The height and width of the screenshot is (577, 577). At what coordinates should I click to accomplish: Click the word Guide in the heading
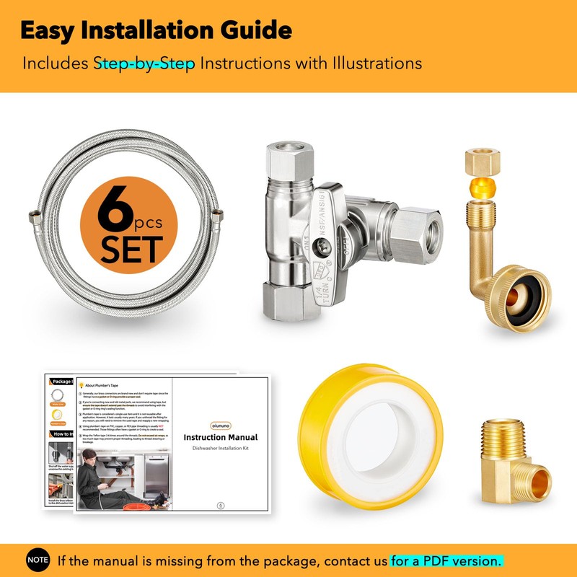(x=257, y=31)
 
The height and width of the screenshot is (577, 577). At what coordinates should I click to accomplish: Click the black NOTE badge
(x=38, y=559)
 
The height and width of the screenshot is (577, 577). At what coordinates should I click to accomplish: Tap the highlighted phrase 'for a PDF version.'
(x=446, y=560)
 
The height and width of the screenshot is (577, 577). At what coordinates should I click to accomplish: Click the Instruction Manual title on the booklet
(x=220, y=437)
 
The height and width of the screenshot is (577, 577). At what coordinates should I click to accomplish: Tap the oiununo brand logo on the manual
(x=220, y=423)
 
